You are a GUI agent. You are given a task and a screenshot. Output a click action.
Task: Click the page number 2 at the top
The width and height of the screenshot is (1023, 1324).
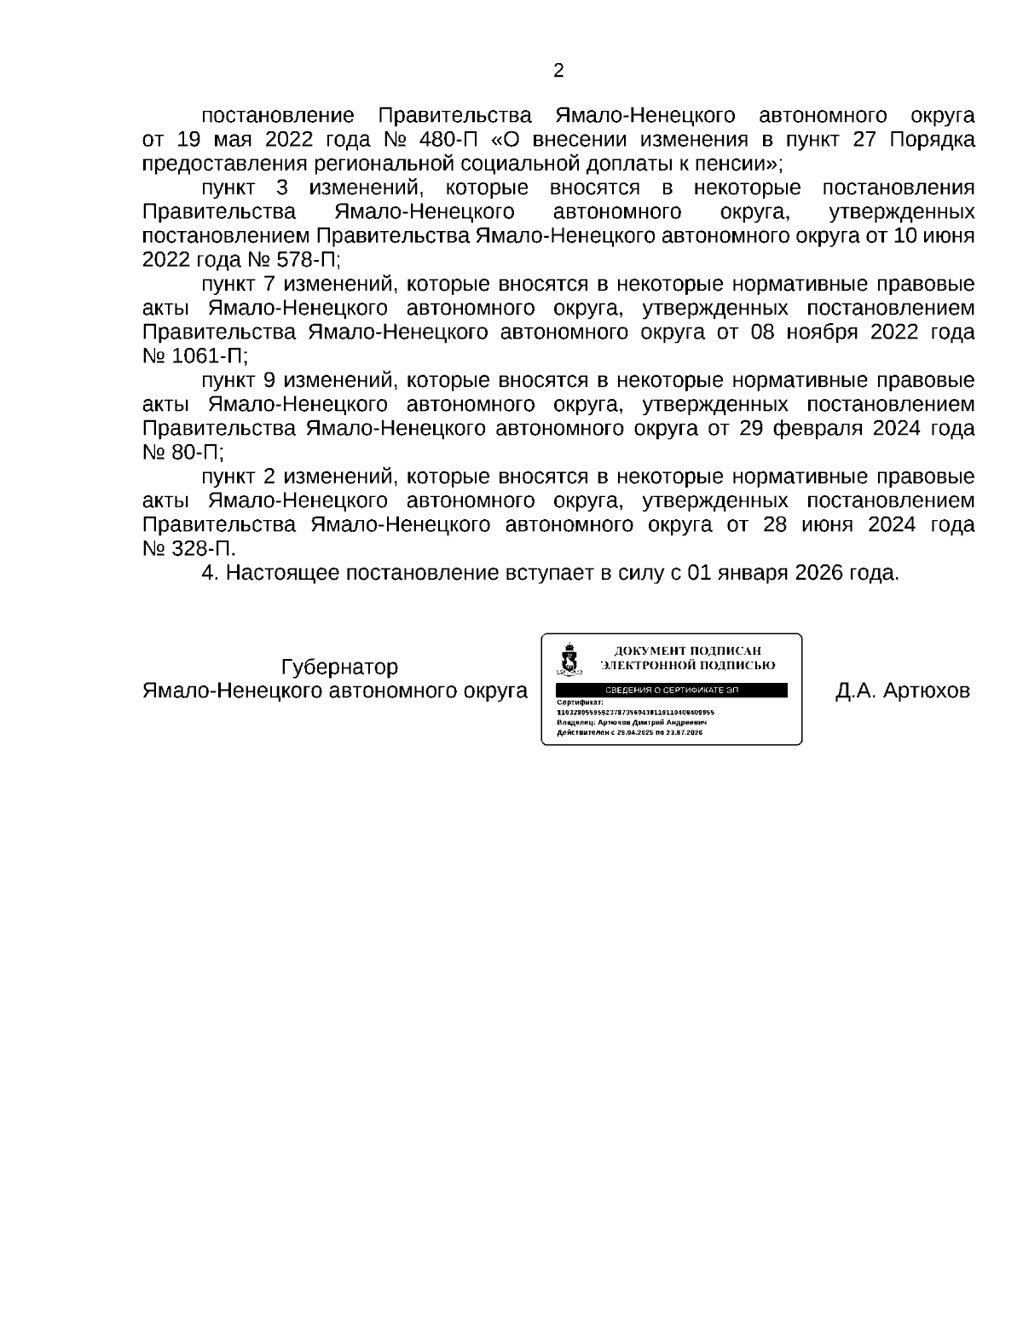(x=558, y=71)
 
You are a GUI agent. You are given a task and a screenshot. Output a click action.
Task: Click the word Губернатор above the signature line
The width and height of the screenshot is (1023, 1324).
(x=339, y=667)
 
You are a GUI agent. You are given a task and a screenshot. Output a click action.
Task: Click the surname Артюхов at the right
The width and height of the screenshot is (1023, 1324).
(x=927, y=691)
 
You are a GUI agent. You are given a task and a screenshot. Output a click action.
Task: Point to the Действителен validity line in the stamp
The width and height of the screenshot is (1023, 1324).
(x=629, y=731)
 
